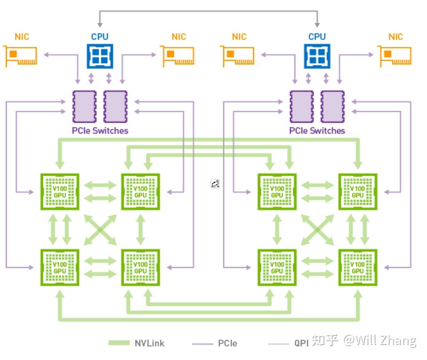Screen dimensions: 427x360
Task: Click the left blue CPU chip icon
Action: (100, 56)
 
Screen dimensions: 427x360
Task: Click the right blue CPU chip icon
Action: (317, 56)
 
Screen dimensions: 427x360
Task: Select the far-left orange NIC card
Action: (20, 56)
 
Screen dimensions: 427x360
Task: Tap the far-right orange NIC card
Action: (394, 56)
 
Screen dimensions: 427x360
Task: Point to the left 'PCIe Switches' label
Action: (100, 131)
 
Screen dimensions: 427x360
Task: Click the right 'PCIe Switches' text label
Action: (317, 131)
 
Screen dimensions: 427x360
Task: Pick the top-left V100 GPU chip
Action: (60, 192)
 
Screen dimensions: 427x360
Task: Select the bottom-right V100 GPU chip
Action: (358, 268)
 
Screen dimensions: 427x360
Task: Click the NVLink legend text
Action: (150, 343)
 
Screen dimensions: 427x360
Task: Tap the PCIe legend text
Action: (228, 343)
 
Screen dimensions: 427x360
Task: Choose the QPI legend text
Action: (301, 343)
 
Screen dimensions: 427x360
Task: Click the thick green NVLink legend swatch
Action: (119, 343)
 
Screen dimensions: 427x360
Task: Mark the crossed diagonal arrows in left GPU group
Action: (100, 230)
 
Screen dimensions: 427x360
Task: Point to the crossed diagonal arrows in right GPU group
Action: (317, 230)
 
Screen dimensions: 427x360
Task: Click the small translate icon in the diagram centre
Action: (215, 184)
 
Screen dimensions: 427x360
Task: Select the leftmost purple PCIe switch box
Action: (84, 106)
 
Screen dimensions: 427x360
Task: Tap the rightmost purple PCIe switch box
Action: (333, 106)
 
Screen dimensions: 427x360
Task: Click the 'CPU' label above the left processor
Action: (100, 37)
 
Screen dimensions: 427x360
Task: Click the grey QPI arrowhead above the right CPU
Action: (317, 25)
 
